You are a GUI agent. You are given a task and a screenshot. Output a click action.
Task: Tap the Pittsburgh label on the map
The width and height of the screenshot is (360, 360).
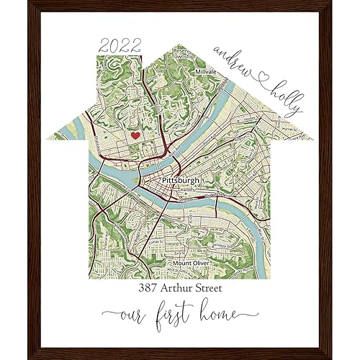point(181,179)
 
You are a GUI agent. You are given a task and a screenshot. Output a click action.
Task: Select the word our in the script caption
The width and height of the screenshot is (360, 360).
point(138,314)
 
